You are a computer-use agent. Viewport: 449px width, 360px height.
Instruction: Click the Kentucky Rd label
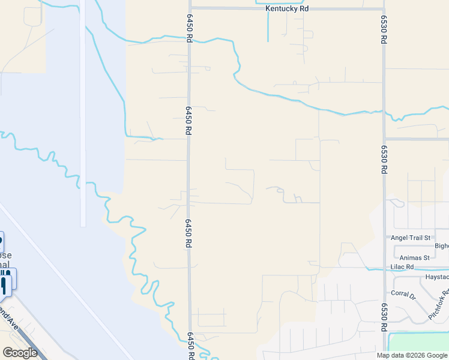[x=288, y=10]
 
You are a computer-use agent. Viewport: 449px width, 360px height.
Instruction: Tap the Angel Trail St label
[x=411, y=238]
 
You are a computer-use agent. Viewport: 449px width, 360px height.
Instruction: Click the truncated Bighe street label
[x=441, y=245]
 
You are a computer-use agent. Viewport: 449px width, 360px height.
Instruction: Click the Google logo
[x=20, y=352]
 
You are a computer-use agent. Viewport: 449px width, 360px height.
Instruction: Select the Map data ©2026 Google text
[x=412, y=355]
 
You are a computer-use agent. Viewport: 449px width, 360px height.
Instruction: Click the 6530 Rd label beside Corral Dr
[x=383, y=317]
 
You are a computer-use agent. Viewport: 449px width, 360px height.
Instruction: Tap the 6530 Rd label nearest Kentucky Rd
[x=383, y=29]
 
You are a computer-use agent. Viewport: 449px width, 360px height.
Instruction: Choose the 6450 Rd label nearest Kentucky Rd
[x=188, y=29]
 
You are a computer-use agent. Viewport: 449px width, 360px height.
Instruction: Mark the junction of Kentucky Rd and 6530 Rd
[x=384, y=8]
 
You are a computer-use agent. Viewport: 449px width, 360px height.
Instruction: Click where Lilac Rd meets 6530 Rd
[x=384, y=270]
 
